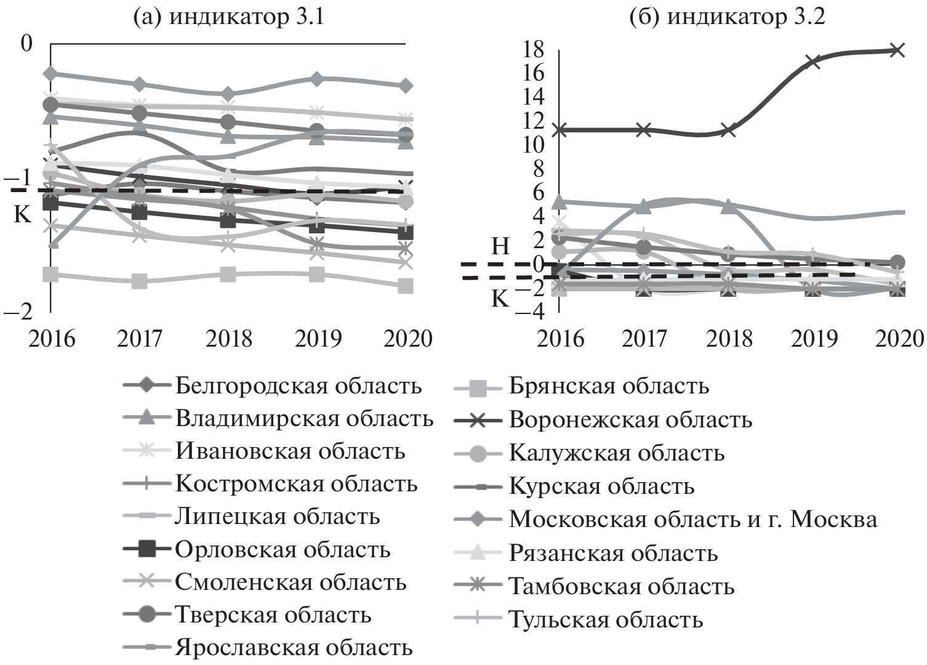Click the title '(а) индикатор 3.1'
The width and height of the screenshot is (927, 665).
coord(229,17)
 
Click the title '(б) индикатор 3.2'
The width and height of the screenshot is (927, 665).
coord(727,17)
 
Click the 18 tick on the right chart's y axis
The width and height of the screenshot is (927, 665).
coord(533,49)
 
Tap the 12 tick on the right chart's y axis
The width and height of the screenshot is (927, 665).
coord(533,121)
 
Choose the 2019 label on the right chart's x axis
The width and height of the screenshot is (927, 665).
coord(813,339)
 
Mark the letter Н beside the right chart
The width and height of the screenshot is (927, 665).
coord(501,247)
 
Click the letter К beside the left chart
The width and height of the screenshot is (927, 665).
coord(22,214)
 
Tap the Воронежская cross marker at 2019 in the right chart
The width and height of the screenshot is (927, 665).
coord(813,61)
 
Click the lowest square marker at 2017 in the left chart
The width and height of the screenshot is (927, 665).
coord(140,281)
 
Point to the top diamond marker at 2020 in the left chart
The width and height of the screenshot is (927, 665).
coord(406,86)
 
